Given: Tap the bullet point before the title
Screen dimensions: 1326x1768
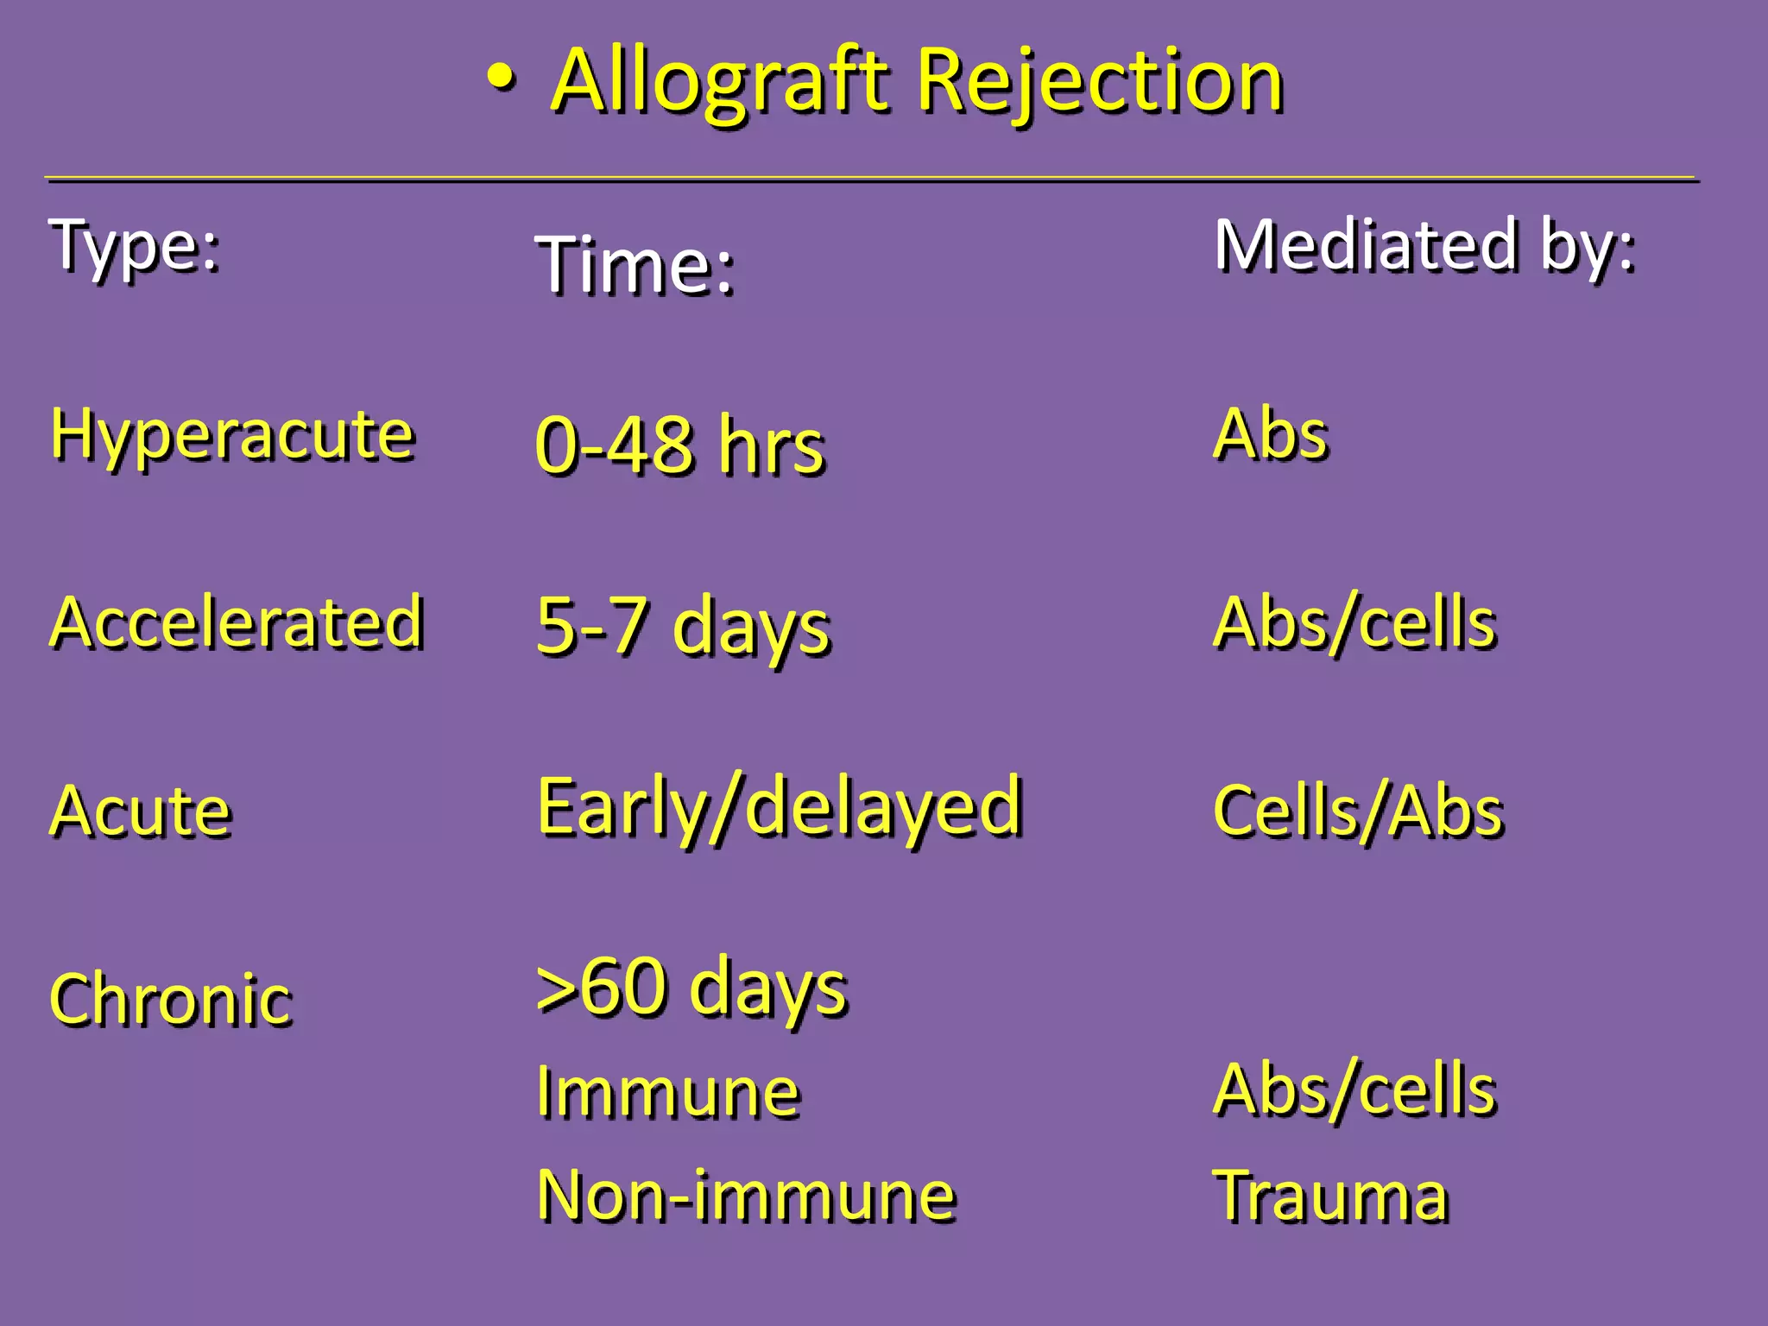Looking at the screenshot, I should coord(502,79).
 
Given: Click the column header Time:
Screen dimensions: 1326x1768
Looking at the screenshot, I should coord(635,266).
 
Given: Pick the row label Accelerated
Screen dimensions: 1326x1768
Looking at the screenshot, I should coord(237,622).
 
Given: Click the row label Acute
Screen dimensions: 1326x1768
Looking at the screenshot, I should coord(141,811).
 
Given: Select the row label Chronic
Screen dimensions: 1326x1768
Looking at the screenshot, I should coord(171,1000).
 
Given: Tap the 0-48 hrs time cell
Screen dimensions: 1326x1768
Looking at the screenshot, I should coord(680,446).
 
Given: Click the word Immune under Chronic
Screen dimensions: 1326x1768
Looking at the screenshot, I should coord(668,1092).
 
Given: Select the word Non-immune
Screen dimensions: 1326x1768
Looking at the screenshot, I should coord(746,1197).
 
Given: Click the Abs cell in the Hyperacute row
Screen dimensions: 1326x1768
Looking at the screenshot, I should coord(1271,434).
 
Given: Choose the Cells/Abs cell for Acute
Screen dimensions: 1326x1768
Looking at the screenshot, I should coord(1358,811).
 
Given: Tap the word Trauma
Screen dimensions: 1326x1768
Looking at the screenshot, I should coord(1331,1197).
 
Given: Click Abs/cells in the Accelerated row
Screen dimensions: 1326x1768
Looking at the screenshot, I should coord(1354,622).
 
